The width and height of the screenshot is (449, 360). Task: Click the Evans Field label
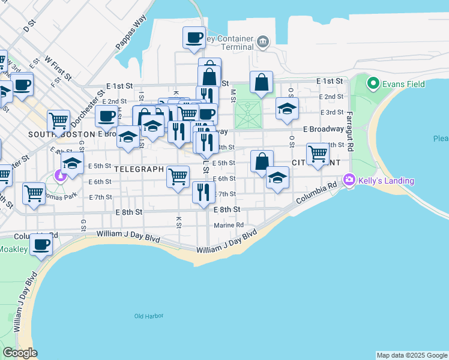click(x=405, y=84)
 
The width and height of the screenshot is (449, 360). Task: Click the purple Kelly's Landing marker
click(x=349, y=179)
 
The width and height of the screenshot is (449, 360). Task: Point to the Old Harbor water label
click(x=149, y=316)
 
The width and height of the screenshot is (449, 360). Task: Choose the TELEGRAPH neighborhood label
click(x=139, y=169)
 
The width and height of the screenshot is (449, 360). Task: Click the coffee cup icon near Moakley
click(x=41, y=245)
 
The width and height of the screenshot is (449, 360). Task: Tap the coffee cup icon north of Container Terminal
click(x=194, y=37)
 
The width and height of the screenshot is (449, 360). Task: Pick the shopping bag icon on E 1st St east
click(x=262, y=82)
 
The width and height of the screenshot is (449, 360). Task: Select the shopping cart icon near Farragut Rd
click(x=318, y=154)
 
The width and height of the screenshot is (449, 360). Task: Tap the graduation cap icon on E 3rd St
click(x=287, y=109)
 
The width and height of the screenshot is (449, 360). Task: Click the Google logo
click(x=20, y=353)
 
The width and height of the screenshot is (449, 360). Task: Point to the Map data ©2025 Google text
click(x=412, y=355)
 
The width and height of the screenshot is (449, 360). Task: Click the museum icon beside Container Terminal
click(x=263, y=41)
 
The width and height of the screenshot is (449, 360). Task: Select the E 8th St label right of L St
click(x=227, y=209)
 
